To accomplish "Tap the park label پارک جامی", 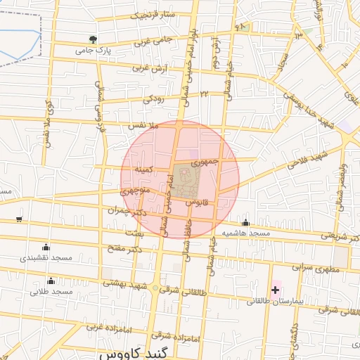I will (x=94, y=51).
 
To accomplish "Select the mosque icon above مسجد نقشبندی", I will (x=46, y=247).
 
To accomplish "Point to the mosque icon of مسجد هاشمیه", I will (x=245, y=223).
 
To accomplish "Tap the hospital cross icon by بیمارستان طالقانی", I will (x=275, y=290).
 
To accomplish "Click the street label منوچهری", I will (x=135, y=191).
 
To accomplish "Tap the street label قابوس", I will (x=199, y=202).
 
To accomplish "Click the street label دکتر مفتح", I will (x=125, y=248).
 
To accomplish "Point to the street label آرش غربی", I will (x=150, y=68).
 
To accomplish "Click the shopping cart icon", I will (x=19, y=219).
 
